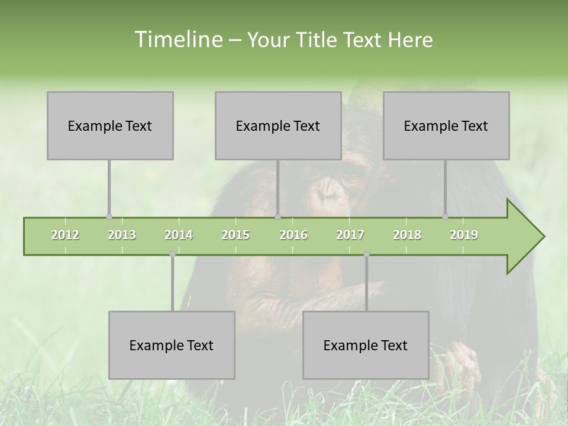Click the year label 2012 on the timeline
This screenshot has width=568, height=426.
click(x=65, y=235)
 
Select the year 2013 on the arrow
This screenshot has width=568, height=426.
click(x=122, y=235)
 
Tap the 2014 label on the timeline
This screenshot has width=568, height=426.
click(x=179, y=235)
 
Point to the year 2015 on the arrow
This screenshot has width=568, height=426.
click(x=235, y=235)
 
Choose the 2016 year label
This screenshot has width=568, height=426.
click(x=293, y=235)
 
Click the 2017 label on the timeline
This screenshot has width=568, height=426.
click(x=350, y=235)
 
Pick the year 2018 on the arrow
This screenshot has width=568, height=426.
click(x=407, y=235)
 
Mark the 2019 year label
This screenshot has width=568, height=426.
click(x=464, y=235)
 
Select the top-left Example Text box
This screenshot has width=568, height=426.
click(x=110, y=126)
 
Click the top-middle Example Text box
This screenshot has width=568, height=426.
click(x=278, y=126)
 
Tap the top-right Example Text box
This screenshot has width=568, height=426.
click(x=446, y=126)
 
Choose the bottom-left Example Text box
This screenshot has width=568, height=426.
click(x=172, y=346)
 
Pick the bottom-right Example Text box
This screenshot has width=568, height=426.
click(x=366, y=346)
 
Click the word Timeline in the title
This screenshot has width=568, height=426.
click(x=177, y=40)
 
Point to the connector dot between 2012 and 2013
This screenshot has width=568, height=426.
click(x=109, y=217)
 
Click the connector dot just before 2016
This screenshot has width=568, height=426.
click(x=278, y=217)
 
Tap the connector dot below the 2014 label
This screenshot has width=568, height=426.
click(x=172, y=254)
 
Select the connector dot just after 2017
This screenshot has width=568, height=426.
click(x=366, y=254)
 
